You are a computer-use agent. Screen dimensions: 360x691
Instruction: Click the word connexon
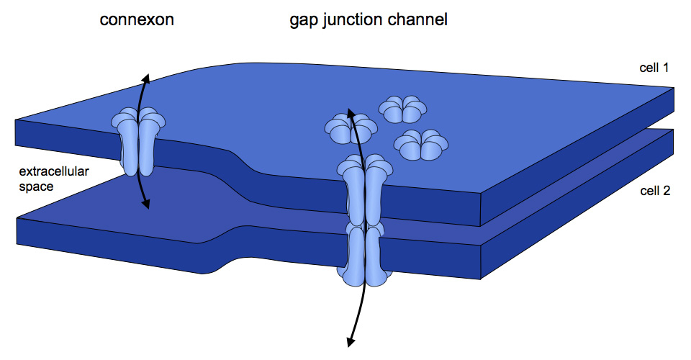(x=137, y=19)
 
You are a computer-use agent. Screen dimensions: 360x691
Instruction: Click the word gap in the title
(x=302, y=21)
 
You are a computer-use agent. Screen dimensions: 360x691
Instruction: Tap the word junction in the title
(x=357, y=21)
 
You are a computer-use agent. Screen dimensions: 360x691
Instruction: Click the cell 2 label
(x=655, y=192)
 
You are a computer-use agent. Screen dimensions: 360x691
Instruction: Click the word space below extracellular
(x=35, y=186)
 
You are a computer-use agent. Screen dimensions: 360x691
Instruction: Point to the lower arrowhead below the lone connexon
(x=145, y=204)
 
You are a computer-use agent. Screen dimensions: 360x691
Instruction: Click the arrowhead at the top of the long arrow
(x=351, y=112)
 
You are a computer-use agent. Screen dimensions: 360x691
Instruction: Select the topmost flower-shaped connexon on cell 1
(x=403, y=109)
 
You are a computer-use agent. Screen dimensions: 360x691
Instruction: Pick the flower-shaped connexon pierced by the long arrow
(x=351, y=129)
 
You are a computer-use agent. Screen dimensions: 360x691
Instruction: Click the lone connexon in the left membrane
(x=137, y=140)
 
